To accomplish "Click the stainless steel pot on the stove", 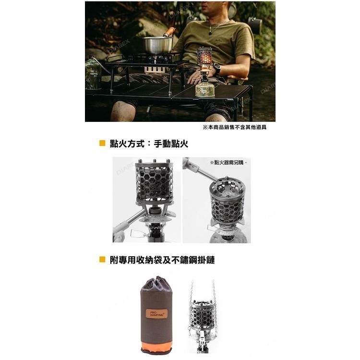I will pos(157,45).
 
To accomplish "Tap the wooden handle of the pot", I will pos(169,32).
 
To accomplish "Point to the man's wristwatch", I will pos(216,68).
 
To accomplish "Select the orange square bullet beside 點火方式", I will pos(102,143).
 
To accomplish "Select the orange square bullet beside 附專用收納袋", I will pos(102,260).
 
